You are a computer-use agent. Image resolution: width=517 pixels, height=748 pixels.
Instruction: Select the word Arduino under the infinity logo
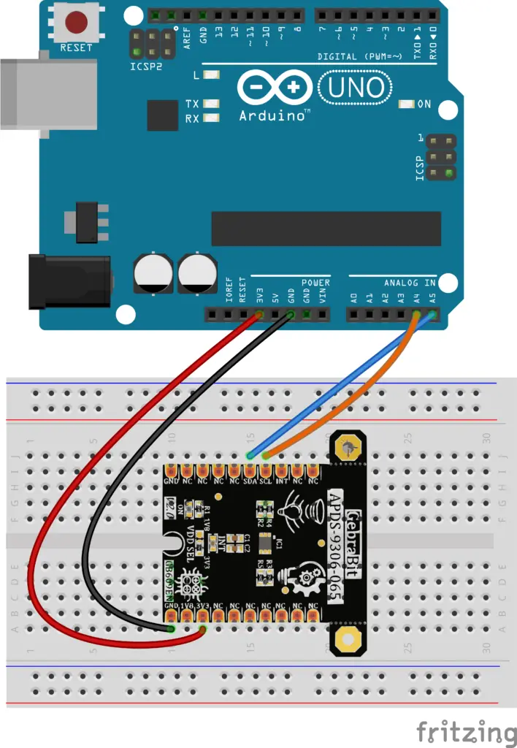[x=274, y=115]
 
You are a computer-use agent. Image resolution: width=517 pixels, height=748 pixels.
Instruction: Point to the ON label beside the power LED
[x=424, y=104]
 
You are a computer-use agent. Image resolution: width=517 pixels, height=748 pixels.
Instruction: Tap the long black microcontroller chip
[x=326, y=229]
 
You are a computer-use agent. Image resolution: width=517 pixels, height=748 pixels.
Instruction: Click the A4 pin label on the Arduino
[x=417, y=298]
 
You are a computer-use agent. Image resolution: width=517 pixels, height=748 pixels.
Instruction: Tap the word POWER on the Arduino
[x=315, y=283]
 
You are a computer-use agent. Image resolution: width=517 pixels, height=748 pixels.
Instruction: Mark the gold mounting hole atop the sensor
[x=349, y=446]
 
